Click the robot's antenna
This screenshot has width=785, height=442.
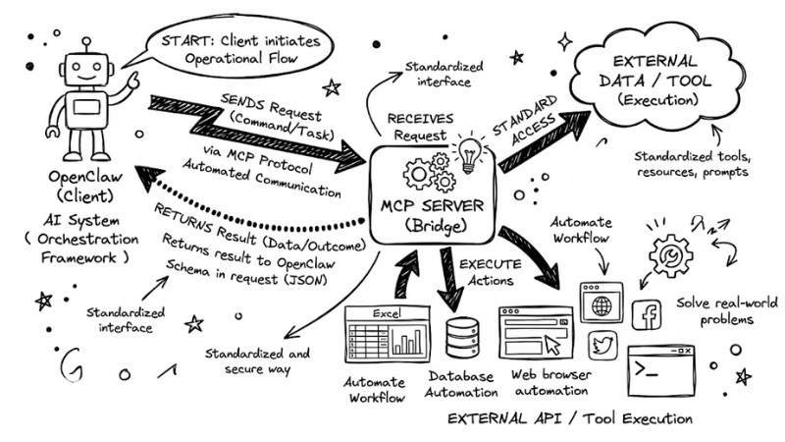point(86,46)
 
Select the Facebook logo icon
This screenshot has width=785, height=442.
point(646,315)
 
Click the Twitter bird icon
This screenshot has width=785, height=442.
point(602,345)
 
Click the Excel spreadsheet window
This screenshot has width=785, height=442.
point(387,333)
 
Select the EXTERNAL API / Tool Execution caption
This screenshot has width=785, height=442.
point(569,417)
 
